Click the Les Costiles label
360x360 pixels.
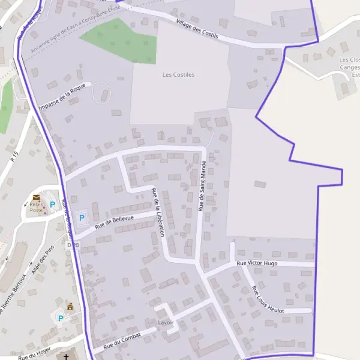[x=179, y=75]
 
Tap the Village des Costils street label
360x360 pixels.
[x=197, y=30]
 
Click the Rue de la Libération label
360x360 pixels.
[x=158, y=212]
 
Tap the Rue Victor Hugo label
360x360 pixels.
[x=257, y=263]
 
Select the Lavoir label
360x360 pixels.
[x=165, y=322]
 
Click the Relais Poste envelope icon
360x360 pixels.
[x=37, y=197]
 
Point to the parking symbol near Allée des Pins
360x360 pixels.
[x=60, y=317]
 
